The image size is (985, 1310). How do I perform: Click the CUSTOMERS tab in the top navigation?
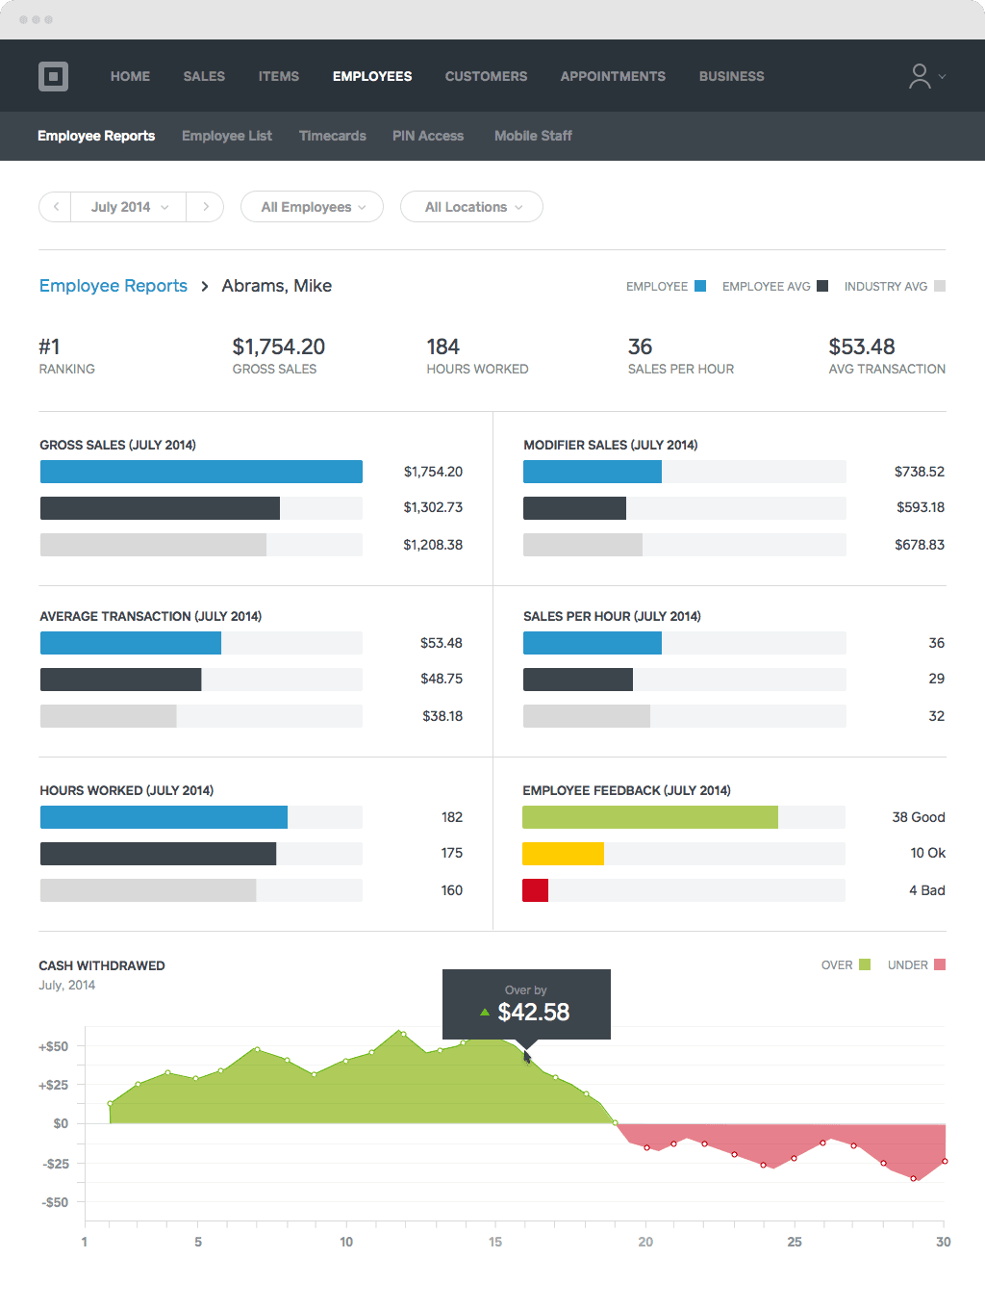(x=486, y=76)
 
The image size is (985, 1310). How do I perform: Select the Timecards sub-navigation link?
(x=332, y=136)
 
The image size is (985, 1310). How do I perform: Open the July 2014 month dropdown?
(x=129, y=207)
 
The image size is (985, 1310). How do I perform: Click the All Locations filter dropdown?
(x=472, y=207)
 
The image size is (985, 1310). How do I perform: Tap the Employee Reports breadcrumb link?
(x=114, y=286)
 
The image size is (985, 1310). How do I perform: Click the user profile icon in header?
(x=921, y=76)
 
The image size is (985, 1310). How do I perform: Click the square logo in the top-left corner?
(x=54, y=76)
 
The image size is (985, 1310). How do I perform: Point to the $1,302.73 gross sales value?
(x=433, y=507)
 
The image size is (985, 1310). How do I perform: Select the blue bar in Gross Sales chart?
(x=201, y=472)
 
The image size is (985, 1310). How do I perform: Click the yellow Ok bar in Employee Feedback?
(x=563, y=853)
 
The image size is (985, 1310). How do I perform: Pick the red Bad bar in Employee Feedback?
(x=535, y=890)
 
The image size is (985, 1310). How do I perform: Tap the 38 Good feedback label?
(x=918, y=817)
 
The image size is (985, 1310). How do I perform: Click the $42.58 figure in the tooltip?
(x=533, y=1012)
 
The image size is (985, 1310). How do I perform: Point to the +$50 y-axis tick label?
(x=54, y=1046)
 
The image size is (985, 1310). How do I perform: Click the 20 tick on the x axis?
(x=645, y=1242)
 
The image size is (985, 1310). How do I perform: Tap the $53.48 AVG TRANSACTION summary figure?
(x=862, y=347)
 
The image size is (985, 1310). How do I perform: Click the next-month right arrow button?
(x=206, y=207)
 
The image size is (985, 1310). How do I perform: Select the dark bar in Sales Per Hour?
(x=578, y=680)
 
